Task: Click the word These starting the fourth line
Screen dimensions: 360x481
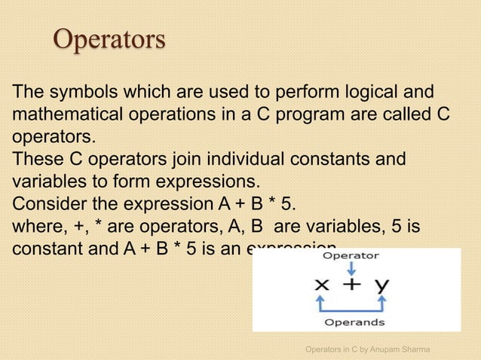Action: click(x=35, y=160)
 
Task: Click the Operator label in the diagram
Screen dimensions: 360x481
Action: click(x=351, y=255)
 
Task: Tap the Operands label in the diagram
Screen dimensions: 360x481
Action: click(x=354, y=322)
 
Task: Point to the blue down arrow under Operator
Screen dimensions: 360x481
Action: click(x=352, y=267)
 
